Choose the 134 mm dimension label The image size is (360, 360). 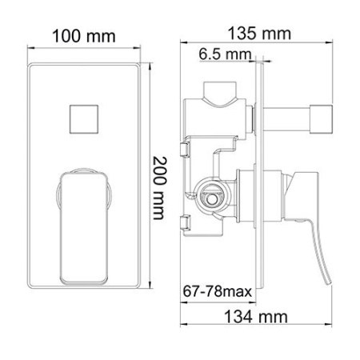click(258, 318)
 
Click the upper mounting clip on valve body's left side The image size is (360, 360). click(186, 150)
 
